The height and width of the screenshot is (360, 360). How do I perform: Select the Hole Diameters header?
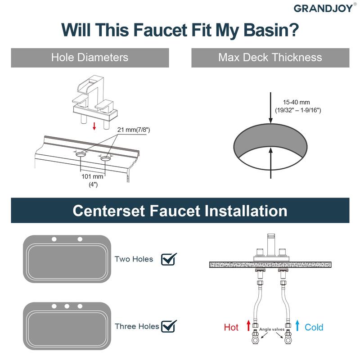tap(90, 58)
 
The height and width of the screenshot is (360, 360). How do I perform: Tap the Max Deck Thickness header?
tap(270, 58)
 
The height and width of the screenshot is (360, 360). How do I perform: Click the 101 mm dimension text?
tap(93, 177)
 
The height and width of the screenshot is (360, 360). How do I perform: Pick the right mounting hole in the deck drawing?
tap(106, 157)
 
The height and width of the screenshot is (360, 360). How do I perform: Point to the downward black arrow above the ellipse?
tap(271, 108)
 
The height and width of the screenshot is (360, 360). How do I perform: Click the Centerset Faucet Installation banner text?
tap(180, 211)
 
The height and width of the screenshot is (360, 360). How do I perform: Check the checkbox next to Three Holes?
tap(169, 325)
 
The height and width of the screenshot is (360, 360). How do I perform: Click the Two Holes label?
tap(134, 259)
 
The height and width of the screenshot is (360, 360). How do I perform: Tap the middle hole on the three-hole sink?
tap(67, 306)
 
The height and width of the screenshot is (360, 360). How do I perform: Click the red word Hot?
tap(231, 327)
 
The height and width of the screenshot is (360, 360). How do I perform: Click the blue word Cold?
tap(314, 327)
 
